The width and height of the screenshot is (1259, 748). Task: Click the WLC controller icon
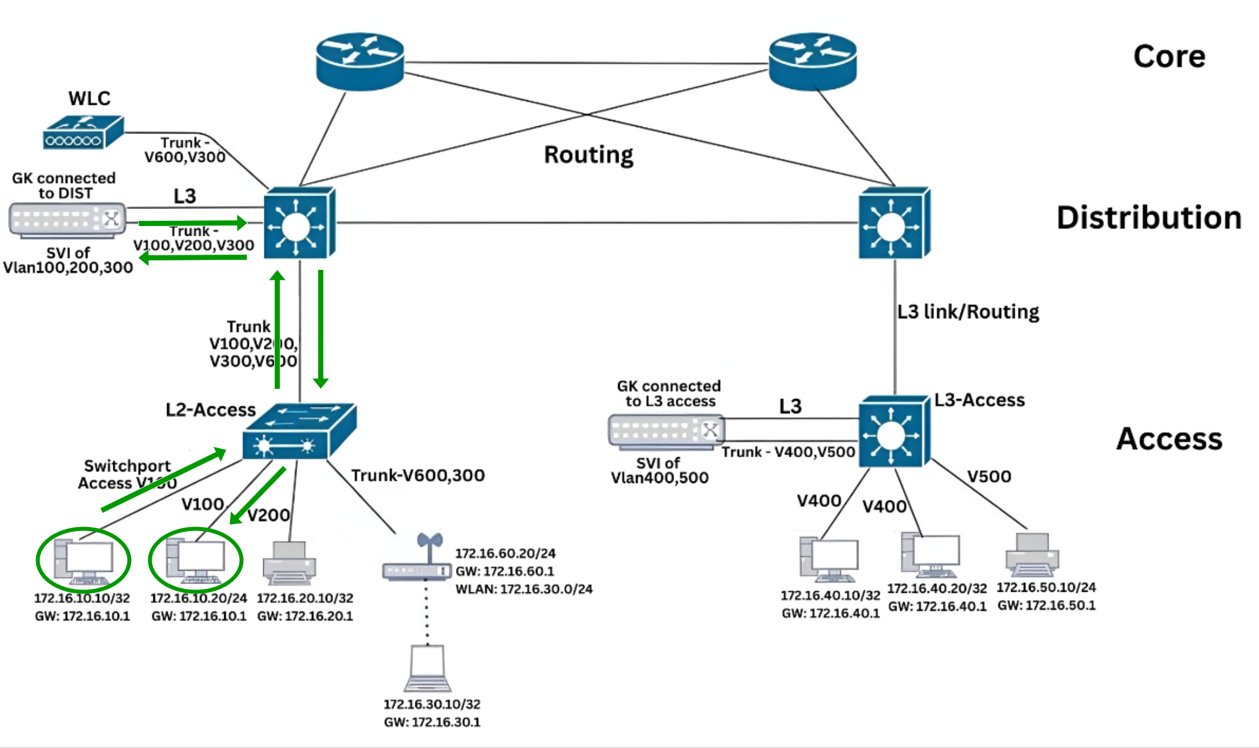(x=83, y=133)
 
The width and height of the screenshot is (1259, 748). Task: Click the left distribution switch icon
(x=299, y=223)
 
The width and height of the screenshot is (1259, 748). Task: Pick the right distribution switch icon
(x=894, y=223)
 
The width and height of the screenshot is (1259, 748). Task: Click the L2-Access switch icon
(x=299, y=432)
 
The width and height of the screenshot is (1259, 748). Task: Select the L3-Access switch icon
(x=894, y=432)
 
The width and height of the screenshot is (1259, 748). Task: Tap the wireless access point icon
(x=417, y=561)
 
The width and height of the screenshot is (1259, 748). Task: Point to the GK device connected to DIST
(x=68, y=220)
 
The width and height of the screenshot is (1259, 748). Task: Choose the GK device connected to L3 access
(x=666, y=431)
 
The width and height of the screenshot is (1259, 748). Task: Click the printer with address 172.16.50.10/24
(x=1032, y=555)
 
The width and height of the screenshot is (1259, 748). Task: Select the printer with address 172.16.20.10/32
(x=289, y=563)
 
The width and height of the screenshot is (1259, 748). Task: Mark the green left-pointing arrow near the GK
(x=193, y=258)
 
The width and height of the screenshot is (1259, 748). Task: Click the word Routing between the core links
(x=588, y=155)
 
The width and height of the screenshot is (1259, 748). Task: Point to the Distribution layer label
(x=1149, y=218)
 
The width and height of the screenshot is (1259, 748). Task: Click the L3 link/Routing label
(x=968, y=312)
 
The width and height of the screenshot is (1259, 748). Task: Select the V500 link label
(x=989, y=476)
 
